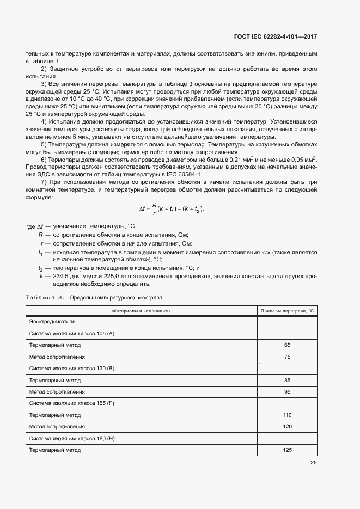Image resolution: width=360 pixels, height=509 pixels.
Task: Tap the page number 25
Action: point(313,463)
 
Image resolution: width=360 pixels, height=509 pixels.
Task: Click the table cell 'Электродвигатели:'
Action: point(53,322)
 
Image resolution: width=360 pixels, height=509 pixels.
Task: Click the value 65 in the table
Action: point(287,345)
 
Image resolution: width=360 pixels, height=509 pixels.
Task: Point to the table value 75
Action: point(287,357)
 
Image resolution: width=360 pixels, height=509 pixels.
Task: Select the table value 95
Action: point(287,392)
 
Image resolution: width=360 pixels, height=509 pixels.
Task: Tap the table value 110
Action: point(287,415)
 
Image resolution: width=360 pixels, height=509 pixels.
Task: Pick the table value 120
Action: point(287,427)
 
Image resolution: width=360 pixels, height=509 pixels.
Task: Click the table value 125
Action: point(287,450)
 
